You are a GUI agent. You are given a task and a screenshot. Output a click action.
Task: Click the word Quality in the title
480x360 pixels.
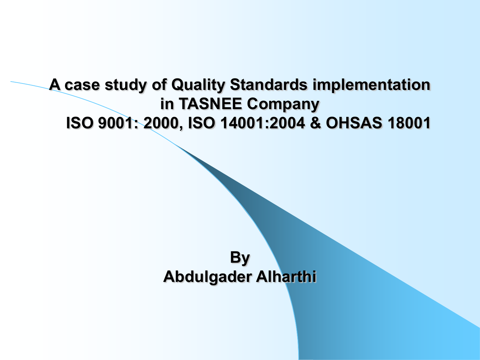[x=198, y=85]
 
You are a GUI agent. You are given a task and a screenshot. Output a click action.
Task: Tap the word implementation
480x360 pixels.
[x=371, y=85]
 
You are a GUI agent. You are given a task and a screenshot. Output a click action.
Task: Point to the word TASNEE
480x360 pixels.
[x=210, y=104]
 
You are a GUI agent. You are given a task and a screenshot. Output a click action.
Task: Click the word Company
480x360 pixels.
[x=283, y=105]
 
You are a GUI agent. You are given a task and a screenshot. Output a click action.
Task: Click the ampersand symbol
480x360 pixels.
[x=316, y=123]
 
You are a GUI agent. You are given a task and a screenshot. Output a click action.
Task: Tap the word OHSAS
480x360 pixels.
[x=354, y=123]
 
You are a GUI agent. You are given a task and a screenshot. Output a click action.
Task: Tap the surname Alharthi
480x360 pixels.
[x=286, y=276]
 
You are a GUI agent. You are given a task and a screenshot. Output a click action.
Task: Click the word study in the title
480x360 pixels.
[x=126, y=85]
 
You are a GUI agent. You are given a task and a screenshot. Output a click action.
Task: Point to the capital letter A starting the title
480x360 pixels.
[x=55, y=84]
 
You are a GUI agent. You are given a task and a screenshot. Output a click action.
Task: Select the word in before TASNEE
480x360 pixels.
[x=167, y=104]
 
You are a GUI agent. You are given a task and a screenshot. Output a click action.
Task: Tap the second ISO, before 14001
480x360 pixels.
[x=201, y=123]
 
